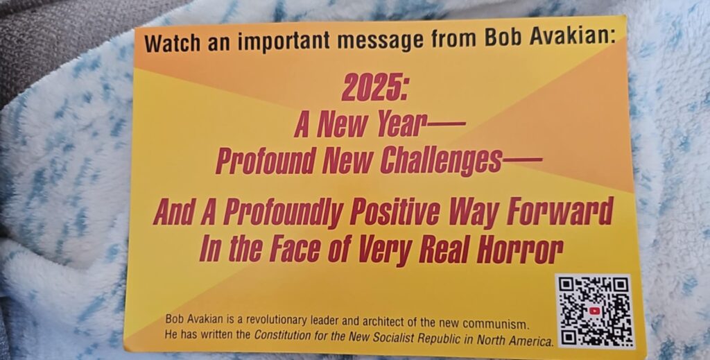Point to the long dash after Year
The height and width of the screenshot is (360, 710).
(x=444, y=122)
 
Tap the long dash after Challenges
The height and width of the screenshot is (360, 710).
(x=522, y=160)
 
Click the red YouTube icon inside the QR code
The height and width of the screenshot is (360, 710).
(x=594, y=311)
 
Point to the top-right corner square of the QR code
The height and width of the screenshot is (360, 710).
(x=621, y=285)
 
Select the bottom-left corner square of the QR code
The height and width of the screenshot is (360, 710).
(x=569, y=337)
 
